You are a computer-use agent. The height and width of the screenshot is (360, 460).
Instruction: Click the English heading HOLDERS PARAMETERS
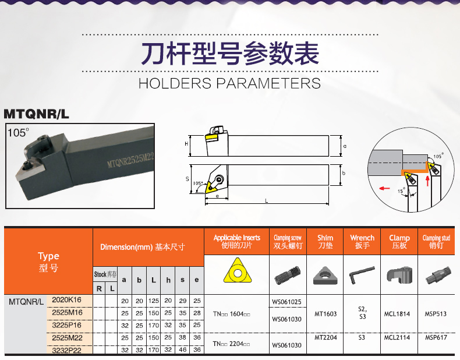(229, 83)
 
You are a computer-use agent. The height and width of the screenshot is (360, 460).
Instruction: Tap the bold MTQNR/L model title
(36, 114)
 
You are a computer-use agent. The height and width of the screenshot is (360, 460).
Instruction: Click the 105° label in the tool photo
(18, 133)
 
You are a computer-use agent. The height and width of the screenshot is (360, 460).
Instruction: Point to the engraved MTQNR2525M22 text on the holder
(130, 160)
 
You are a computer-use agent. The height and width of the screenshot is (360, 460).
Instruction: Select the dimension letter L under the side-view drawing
(266, 201)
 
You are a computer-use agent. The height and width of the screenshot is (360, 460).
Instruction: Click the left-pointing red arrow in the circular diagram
(385, 188)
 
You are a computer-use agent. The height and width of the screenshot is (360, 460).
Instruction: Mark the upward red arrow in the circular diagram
(428, 181)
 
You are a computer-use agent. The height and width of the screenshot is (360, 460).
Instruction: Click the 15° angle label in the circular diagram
(401, 190)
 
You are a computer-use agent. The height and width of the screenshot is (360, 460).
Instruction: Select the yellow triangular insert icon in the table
(238, 270)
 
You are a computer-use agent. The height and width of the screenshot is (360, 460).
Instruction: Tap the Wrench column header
(362, 242)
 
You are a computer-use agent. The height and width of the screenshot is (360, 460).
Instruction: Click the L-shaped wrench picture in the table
(362, 274)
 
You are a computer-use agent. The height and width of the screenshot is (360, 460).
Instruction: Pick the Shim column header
(325, 242)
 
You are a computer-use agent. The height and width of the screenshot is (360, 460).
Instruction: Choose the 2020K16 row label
(66, 300)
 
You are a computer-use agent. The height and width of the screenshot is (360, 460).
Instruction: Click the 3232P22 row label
(66, 350)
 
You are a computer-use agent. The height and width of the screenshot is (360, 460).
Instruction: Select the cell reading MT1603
(325, 314)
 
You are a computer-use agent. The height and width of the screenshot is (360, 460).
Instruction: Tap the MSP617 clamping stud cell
(436, 337)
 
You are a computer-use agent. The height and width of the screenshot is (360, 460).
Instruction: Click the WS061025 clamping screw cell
(286, 302)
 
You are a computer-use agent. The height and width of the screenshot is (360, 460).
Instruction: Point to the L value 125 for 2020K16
(154, 301)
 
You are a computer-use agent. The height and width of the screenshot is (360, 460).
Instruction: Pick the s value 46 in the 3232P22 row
(182, 350)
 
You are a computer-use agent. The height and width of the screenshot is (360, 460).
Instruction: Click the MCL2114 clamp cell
(397, 337)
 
